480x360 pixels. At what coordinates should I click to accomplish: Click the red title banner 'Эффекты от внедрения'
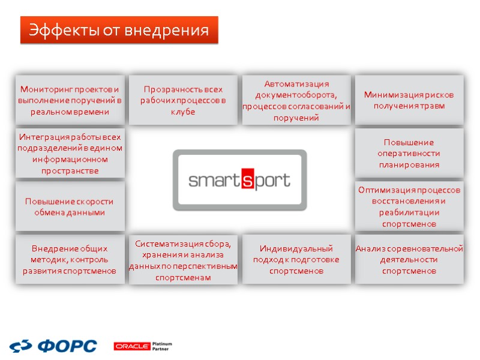pyautogui.click(x=119, y=30)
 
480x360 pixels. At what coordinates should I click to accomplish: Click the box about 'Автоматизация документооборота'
pyautogui.click(x=296, y=100)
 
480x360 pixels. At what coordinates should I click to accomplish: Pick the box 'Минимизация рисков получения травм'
pyautogui.click(x=409, y=100)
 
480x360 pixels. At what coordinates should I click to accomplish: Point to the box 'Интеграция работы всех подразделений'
pyautogui.click(x=70, y=154)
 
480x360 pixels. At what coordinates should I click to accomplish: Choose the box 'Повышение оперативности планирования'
pyautogui.click(x=409, y=154)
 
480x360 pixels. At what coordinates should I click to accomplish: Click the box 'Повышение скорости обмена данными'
pyautogui.click(x=70, y=206)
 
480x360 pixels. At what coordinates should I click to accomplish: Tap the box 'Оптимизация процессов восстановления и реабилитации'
pyautogui.click(x=409, y=206)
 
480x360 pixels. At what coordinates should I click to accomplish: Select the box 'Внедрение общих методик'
pyautogui.click(x=70, y=259)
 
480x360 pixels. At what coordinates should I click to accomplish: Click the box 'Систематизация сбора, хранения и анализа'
pyautogui.click(x=184, y=259)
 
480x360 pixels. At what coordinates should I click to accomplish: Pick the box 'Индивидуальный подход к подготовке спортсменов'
pyautogui.click(x=296, y=259)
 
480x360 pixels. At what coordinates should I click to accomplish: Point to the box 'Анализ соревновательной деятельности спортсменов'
pyautogui.click(x=409, y=259)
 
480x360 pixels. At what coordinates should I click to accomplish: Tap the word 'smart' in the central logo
pyautogui.click(x=214, y=180)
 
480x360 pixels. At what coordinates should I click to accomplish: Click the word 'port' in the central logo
pyautogui.click(x=274, y=181)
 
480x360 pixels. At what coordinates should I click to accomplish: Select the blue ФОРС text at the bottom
pyautogui.click(x=67, y=346)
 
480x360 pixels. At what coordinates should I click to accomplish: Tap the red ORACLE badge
pyautogui.click(x=131, y=346)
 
